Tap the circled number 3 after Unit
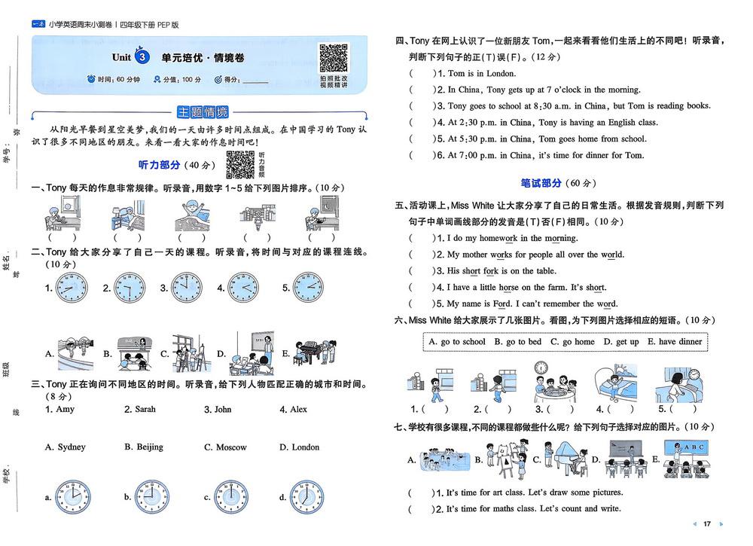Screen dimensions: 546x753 pyautogui.click(x=142, y=57)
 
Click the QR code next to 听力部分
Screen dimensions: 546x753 pyautogui.click(x=240, y=164)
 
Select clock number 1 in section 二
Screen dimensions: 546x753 pyautogui.click(x=73, y=288)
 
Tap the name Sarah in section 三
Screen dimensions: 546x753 pyautogui.click(x=145, y=410)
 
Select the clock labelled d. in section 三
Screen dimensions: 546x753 pyautogui.click(x=307, y=496)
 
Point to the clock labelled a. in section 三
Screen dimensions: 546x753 pyautogui.click(x=73, y=496)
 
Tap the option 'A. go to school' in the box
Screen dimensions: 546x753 pyautogui.click(x=457, y=342)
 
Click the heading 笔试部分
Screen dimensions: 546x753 pyautogui.click(x=541, y=183)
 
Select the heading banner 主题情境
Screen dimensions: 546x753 pyautogui.click(x=202, y=113)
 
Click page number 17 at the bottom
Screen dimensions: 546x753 pyautogui.click(x=707, y=523)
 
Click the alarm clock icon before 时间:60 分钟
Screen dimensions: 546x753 pyautogui.click(x=91, y=79)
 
